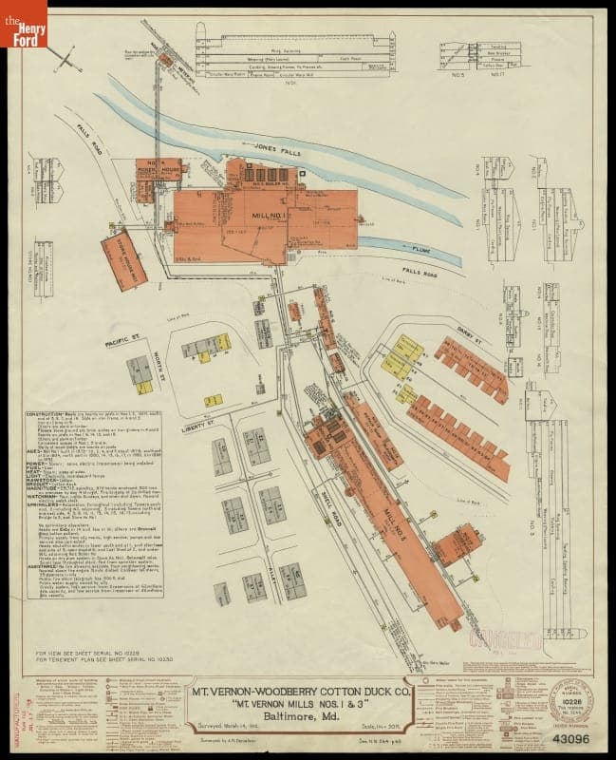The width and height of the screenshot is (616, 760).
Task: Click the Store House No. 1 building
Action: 124,258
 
